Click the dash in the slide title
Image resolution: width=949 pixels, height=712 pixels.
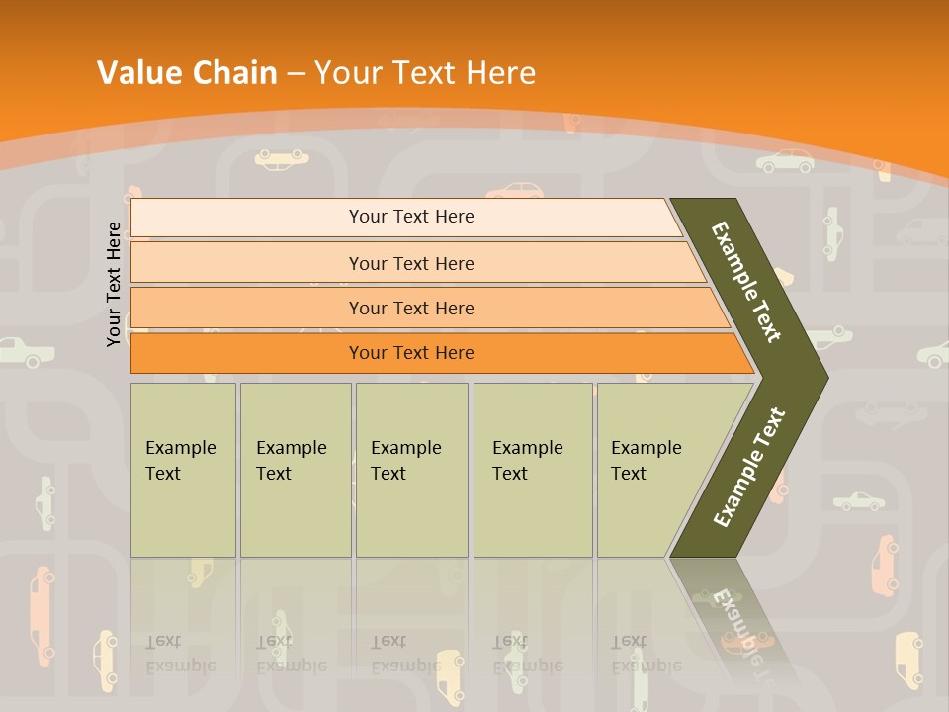[x=296, y=74]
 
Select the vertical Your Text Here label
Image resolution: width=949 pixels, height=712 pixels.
[x=114, y=284]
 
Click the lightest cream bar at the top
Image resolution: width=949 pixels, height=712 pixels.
[x=410, y=217]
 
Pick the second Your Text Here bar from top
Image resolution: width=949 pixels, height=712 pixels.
[x=410, y=263]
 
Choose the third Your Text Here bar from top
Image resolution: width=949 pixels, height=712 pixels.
[x=410, y=308]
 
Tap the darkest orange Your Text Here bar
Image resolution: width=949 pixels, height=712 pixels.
[x=410, y=353]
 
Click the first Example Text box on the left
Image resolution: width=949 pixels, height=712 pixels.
[x=183, y=470]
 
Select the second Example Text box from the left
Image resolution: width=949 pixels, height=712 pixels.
[x=295, y=470]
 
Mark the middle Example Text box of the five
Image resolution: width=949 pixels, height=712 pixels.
[x=411, y=470]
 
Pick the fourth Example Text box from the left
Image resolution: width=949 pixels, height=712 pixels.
[x=533, y=470]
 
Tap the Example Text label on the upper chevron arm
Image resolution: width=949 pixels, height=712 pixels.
[x=746, y=282]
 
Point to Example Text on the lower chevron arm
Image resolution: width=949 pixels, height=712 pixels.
[x=749, y=467]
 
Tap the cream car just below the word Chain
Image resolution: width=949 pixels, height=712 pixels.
[x=281, y=157]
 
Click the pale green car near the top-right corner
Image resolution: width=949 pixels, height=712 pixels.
[x=786, y=161]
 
